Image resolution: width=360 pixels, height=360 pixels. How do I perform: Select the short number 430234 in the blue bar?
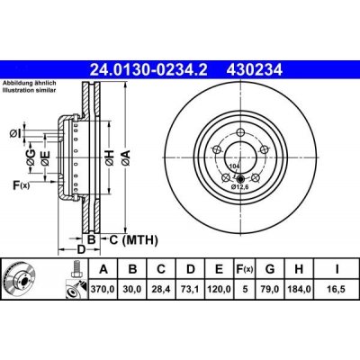click(x=255, y=70)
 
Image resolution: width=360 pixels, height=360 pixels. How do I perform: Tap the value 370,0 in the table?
click(x=103, y=289)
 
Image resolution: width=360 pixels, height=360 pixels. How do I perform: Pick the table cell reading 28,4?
click(x=161, y=289)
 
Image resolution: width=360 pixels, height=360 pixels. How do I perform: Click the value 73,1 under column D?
click(x=191, y=289)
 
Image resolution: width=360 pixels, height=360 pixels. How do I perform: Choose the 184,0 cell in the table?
click(x=299, y=289)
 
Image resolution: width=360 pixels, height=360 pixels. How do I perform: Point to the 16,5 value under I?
click(x=337, y=289)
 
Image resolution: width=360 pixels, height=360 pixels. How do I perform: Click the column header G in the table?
click(x=270, y=269)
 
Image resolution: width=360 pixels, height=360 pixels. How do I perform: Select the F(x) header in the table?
click(x=245, y=269)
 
